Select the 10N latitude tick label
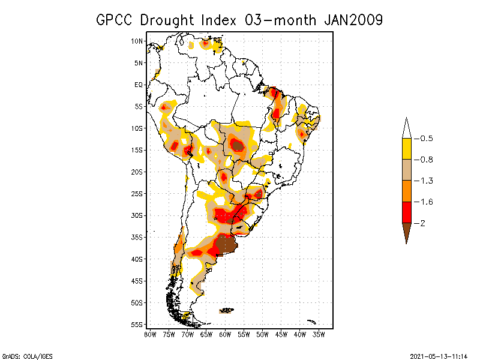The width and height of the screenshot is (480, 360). (x=137, y=41)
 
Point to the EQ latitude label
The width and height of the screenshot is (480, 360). (x=138, y=85)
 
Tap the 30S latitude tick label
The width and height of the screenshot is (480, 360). (x=137, y=215)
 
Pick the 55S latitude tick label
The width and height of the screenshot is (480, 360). (x=137, y=325)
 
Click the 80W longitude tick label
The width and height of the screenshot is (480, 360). (x=149, y=334)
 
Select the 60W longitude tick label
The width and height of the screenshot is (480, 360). (x=225, y=334)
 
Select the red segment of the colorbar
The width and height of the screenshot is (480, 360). (x=406, y=212)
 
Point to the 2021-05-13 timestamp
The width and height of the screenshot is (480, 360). (x=439, y=356)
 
